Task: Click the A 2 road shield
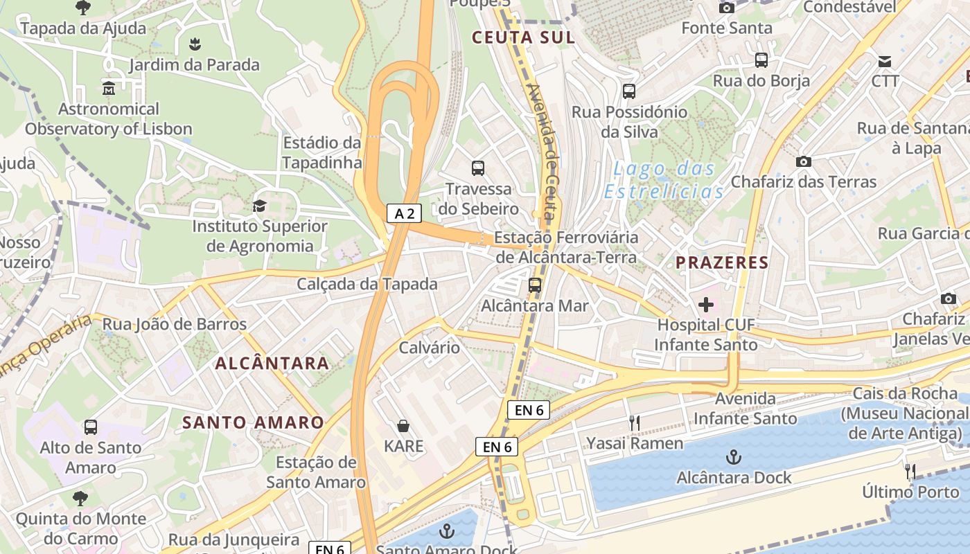(404, 214)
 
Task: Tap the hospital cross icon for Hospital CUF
(706, 304)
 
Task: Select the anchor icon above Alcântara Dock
(733, 457)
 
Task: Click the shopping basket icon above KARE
(403, 425)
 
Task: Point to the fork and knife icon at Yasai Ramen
(634, 422)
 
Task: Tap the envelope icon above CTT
(885, 61)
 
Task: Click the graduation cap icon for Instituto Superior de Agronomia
(259, 206)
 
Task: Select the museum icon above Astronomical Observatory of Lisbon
(109, 89)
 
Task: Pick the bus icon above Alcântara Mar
(534, 285)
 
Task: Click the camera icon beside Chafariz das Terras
(804, 161)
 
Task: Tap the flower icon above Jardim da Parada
(195, 45)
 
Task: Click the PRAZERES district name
(722, 262)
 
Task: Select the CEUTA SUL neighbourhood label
(523, 37)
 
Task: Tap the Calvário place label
(429, 348)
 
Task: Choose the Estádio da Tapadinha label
(322, 152)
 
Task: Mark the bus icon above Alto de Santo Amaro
(91, 427)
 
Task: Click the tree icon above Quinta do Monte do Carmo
(81, 498)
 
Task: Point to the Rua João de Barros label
(174, 324)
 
